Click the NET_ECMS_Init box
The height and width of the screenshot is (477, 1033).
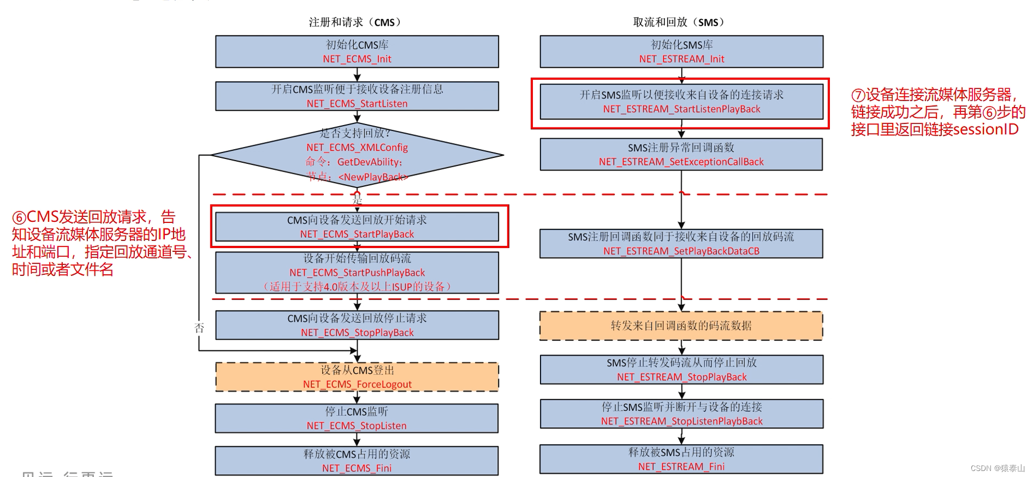[x=357, y=52]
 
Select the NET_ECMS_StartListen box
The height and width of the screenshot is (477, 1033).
[x=357, y=96]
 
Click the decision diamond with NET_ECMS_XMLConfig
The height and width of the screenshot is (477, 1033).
[x=357, y=155]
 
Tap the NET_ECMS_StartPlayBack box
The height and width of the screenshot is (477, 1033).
[x=357, y=227]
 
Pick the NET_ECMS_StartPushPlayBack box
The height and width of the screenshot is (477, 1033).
[x=357, y=273]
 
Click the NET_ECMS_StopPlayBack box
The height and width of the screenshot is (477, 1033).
[x=357, y=325]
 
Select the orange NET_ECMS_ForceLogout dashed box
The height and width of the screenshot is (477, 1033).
[x=357, y=377]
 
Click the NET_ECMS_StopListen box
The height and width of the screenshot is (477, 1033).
[x=357, y=419]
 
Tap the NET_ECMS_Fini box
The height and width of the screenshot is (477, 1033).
[x=357, y=461]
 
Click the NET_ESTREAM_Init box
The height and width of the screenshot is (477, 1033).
[x=681, y=52]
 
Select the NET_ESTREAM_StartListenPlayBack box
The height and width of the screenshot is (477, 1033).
[x=681, y=102]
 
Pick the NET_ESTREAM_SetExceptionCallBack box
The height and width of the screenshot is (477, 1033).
[x=681, y=155]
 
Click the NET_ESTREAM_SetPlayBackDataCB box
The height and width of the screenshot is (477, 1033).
[x=681, y=244]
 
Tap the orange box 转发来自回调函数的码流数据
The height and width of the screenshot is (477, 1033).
[x=681, y=326]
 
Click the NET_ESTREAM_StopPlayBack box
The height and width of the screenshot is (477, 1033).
[x=681, y=370]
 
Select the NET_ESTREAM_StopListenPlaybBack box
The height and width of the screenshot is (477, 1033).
[x=681, y=414]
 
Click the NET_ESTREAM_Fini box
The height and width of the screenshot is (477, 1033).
[x=681, y=460]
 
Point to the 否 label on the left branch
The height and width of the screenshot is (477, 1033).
[x=199, y=328]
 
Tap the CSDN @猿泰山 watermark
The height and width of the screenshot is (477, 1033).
[x=998, y=468]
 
